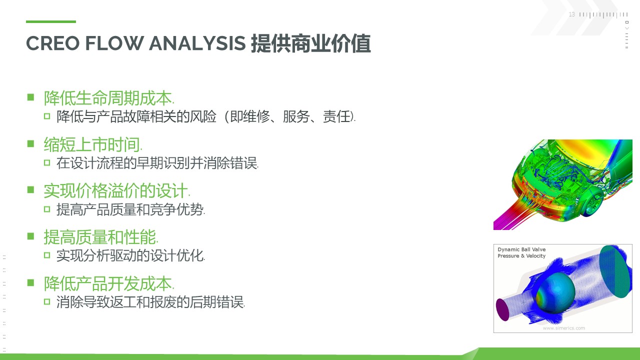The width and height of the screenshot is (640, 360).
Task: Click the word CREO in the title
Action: tap(52, 43)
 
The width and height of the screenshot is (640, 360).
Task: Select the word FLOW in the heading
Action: tap(114, 43)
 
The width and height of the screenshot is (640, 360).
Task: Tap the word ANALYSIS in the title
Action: tap(197, 43)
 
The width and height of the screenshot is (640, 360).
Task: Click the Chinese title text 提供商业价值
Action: tap(311, 43)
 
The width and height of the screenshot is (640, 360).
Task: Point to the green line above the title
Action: tap(51, 21)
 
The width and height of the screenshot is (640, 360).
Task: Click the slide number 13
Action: tap(571, 14)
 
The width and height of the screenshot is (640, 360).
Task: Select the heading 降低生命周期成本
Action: tap(109, 98)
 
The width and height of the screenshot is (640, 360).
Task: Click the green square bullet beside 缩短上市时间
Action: tap(30, 143)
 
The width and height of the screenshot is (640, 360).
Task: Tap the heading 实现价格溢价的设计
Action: tap(117, 191)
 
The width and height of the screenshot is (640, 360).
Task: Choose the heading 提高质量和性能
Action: tap(101, 237)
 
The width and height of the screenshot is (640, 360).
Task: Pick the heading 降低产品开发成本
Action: tap(109, 283)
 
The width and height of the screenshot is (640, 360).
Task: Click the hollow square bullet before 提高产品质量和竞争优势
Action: tap(47, 209)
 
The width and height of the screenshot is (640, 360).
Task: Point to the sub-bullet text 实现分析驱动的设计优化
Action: tap(130, 255)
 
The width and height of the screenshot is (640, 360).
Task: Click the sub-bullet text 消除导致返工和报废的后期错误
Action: tap(150, 302)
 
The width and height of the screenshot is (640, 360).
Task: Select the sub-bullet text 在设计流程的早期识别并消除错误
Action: tap(157, 163)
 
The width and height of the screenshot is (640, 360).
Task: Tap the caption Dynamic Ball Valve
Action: tap(521, 249)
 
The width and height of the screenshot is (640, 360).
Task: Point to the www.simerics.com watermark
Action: tap(563, 328)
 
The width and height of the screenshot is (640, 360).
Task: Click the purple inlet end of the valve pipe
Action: tap(503, 309)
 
